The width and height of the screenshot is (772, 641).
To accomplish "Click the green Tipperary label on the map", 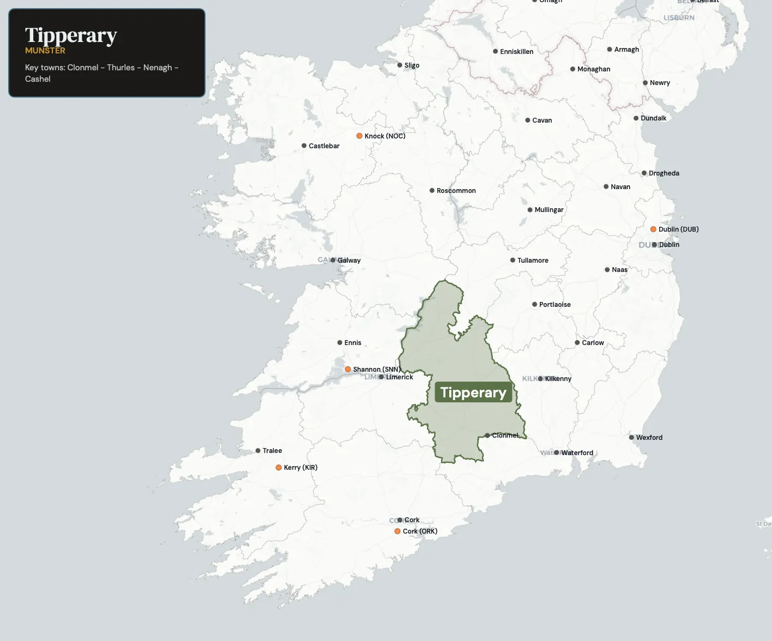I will [x=473, y=392].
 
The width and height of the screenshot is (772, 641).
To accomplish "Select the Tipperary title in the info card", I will [x=71, y=35].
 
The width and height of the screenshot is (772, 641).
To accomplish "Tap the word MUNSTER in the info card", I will [x=45, y=51].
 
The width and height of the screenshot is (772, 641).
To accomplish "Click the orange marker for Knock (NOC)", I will [x=359, y=136].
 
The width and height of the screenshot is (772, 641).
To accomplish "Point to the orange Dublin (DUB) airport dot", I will [x=653, y=229].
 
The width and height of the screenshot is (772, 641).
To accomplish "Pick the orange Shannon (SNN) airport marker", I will [x=348, y=370].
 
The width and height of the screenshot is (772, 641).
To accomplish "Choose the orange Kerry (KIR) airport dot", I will [x=279, y=468].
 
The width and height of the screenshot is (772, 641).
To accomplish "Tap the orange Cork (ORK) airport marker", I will [x=397, y=531].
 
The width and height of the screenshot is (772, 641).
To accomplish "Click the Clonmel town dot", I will [x=487, y=436].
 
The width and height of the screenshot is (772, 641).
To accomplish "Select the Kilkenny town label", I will [x=558, y=379].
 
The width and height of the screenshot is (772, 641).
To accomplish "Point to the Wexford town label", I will [x=649, y=438].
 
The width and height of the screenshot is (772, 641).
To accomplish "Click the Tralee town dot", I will [x=258, y=451].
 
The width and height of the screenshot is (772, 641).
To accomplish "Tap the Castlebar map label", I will [x=324, y=146].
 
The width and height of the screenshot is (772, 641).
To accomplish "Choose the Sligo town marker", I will [x=400, y=65].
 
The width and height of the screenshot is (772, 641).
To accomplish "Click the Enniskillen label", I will [x=516, y=52].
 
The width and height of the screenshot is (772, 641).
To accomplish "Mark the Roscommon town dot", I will [x=432, y=191].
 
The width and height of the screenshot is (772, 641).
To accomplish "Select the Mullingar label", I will [x=548, y=210].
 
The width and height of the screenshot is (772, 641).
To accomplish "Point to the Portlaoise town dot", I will [x=534, y=305].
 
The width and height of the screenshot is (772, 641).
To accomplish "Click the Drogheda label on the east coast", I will [x=664, y=173].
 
